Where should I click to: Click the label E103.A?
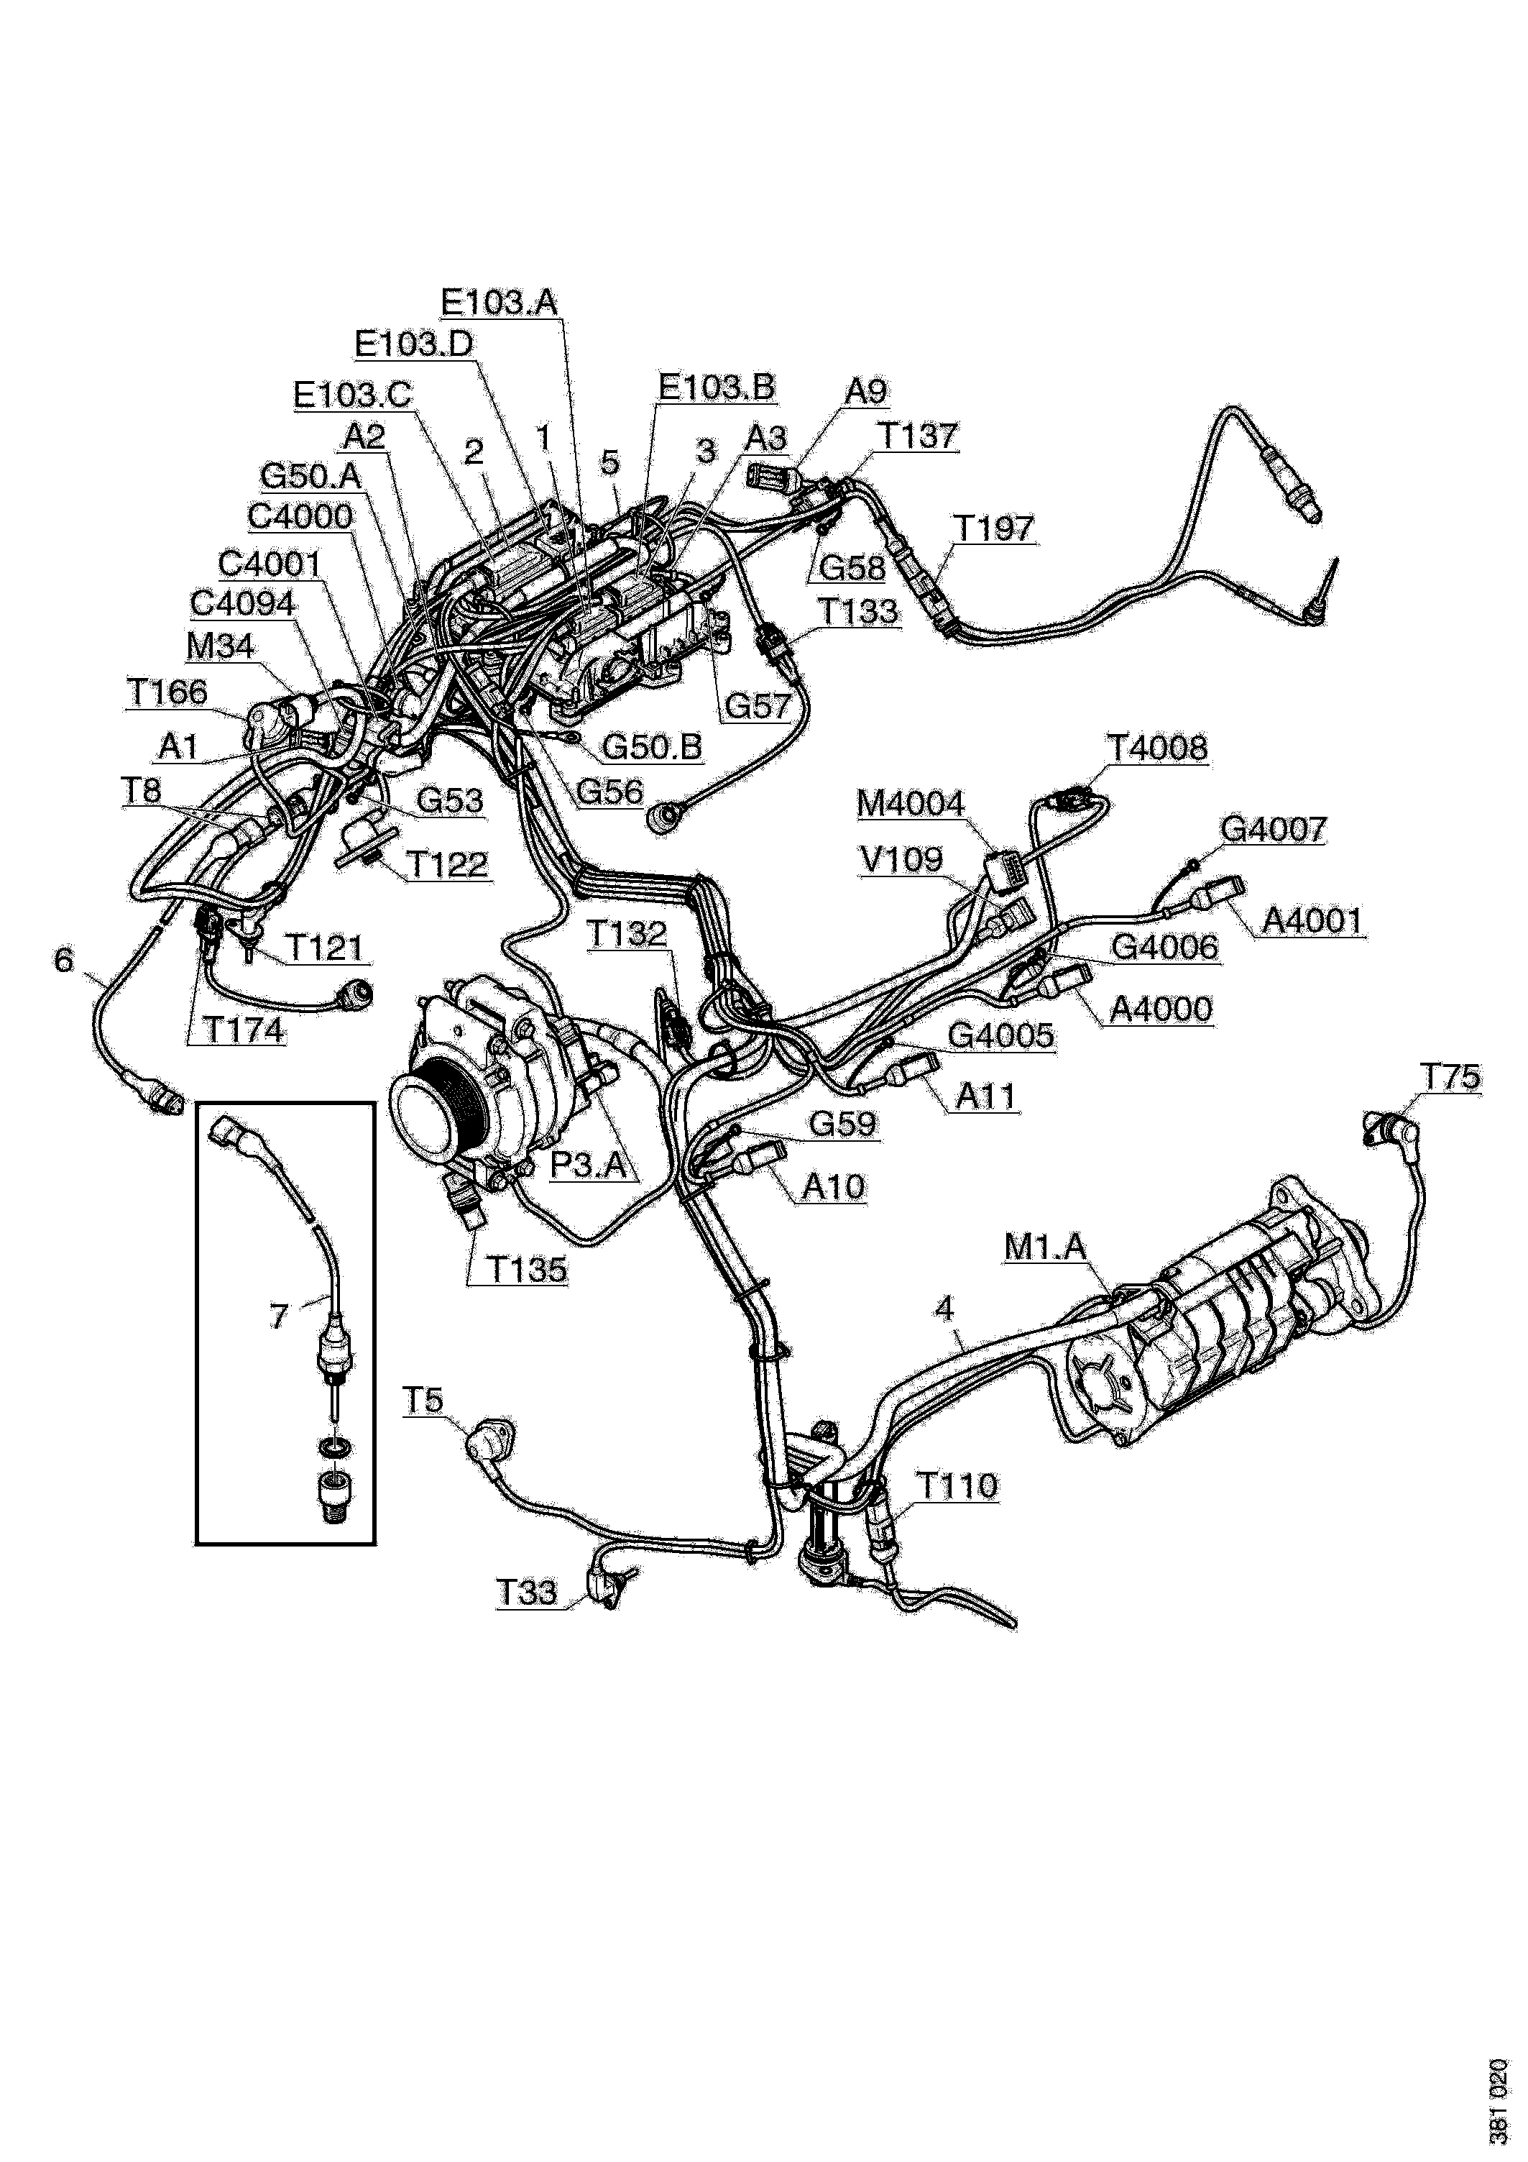pyautogui.click(x=500, y=302)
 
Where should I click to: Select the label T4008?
pyautogui.click(x=1157, y=748)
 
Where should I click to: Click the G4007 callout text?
pyautogui.click(x=1273, y=830)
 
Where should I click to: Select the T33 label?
pyautogui.click(x=528, y=1593)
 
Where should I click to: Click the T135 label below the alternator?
pyautogui.click(x=528, y=1270)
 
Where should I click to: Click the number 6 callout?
pyautogui.click(x=64, y=961)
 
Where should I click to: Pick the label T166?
pyautogui.click(x=167, y=692)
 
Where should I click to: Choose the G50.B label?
pyautogui.click(x=651, y=747)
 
